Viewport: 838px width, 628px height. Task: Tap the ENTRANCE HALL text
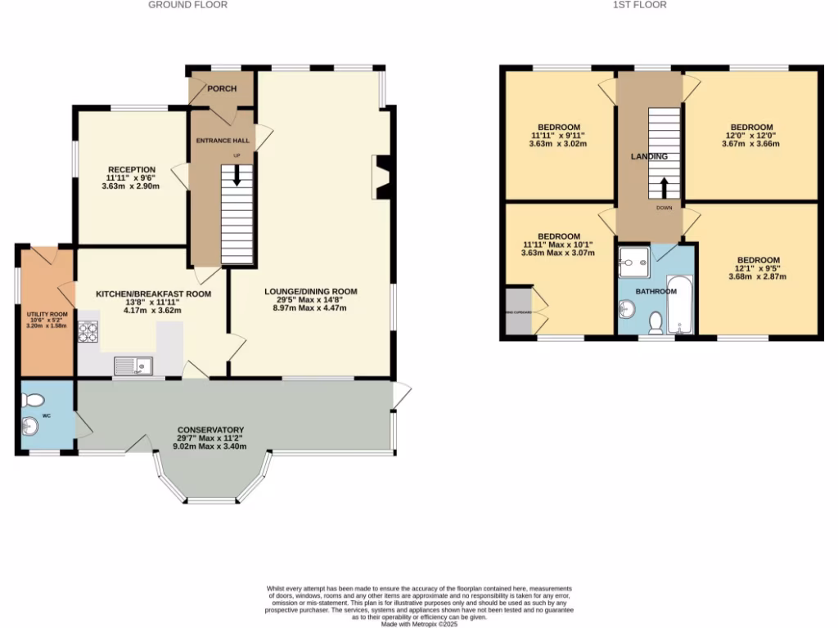[x=222, y=141]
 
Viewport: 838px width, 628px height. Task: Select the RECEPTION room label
[x=131, y=169]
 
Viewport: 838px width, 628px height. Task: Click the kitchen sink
[x=131, y=366]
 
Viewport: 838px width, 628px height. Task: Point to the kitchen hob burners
[x=88, y=332]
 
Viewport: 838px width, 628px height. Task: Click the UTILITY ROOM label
[x=47, y=314]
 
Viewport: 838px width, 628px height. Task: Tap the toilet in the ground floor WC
[x=33, y=400]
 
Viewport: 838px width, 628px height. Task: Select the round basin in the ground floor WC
[x=31, y=426]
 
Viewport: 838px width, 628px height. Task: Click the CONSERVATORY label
[x=211, y=430]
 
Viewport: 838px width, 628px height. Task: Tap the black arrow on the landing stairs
[x=664, y=187]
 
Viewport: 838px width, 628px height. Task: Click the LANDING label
[x=648, y=156]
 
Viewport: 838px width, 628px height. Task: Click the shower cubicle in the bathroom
[x=633, y=262]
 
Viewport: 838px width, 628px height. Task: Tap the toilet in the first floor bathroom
[x=655, y=324]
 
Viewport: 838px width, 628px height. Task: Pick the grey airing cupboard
[x=518, y=311]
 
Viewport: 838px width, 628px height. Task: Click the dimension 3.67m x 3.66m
[x=750, y=143]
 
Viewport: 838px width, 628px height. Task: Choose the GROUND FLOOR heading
[x=187, y=5]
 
